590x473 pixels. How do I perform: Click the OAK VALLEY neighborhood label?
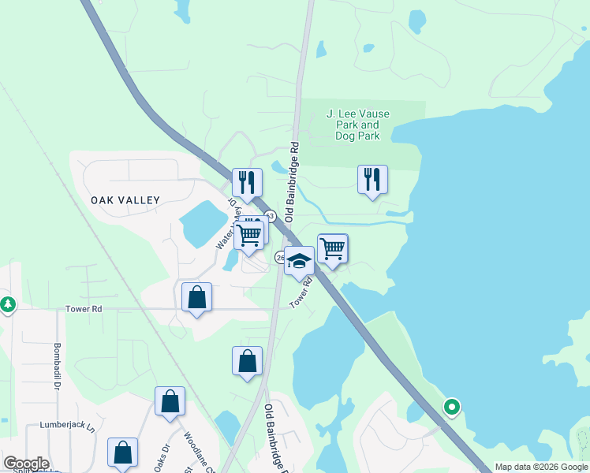point(125,200)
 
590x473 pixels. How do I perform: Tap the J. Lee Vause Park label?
point(357,125)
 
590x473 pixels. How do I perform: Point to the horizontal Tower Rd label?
point(85,309)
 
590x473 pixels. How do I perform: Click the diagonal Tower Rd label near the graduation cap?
point(301,292)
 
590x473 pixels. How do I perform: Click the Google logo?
point(26,464)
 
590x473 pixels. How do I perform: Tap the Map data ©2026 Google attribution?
point(541,467)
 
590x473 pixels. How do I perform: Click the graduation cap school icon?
point(299,261)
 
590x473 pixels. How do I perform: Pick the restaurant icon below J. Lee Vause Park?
point(372,179)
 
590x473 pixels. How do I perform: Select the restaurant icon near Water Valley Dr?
point(246,183)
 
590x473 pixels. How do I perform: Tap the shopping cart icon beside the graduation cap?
point(332,249)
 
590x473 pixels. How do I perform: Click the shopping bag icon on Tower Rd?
point(196,298)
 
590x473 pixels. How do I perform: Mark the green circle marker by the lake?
point(452,408)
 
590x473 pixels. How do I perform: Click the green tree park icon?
point(7,304)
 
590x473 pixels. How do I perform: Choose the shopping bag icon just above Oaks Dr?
point(170,401)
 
